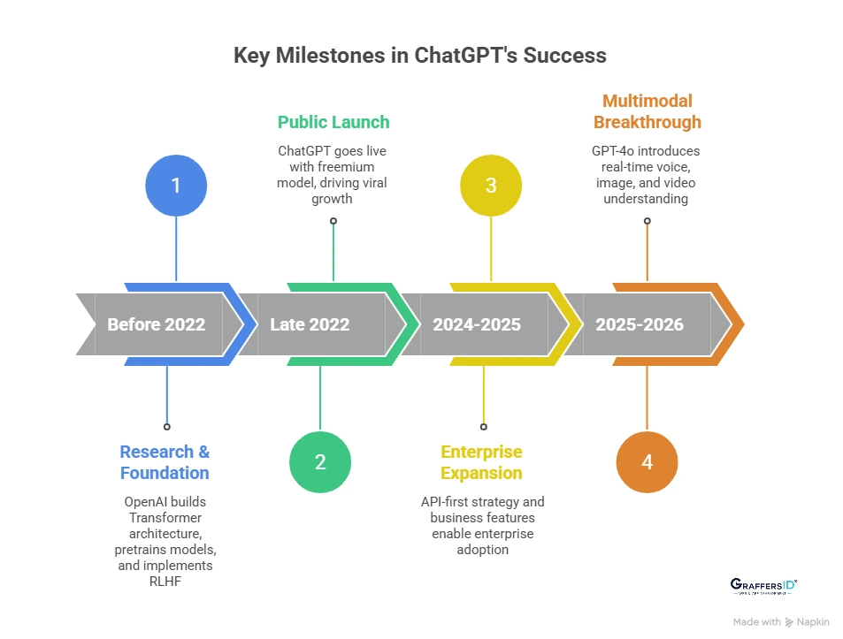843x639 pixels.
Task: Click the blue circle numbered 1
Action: [176, 186]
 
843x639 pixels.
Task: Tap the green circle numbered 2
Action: [320, 461]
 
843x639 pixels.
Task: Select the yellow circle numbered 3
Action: [491, 186]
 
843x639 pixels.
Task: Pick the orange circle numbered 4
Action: [647, 461]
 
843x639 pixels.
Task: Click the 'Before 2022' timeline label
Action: [157, 324]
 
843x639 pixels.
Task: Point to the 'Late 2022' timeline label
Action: [310, 324]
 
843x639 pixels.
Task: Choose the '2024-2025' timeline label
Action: [477, 324]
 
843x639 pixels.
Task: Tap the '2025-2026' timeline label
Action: [640, 324]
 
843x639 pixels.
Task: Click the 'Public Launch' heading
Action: [333, 122]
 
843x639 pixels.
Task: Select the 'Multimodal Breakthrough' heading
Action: [647, 111]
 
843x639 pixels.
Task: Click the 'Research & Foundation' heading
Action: [165, 462]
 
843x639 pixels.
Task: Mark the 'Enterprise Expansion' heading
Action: [482, 462]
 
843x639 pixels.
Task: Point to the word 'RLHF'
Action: [165, 581]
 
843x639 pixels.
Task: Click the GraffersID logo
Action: [764, 586]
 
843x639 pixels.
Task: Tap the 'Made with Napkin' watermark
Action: [781, 622]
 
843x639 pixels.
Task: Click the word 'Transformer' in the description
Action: [165, 518]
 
